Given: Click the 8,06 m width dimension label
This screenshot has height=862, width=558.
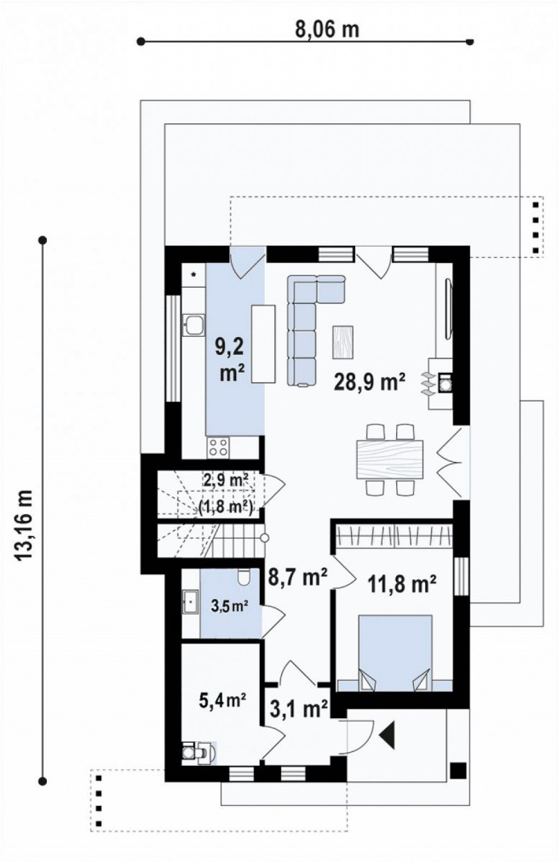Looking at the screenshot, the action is coord(327,29).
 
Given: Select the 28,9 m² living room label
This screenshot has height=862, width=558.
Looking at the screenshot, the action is coord(371,381).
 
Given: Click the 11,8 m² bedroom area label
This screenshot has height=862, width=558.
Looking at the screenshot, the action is coord(402,584).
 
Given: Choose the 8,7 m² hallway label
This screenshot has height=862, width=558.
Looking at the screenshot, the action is coord(297,577).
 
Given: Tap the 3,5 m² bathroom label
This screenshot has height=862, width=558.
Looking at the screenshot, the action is coord(229,607).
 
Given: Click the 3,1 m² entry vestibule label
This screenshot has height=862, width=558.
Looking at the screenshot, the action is coord(299,708).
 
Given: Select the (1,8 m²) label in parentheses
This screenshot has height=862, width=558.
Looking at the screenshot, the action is coord(226,506).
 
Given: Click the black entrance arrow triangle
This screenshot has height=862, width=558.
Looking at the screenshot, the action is coord(388,734).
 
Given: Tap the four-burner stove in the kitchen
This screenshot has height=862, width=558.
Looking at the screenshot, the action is coord(218,448).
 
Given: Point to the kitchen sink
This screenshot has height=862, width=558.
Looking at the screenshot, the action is coord(193,324).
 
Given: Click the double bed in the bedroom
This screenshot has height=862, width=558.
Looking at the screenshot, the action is coord(394,652).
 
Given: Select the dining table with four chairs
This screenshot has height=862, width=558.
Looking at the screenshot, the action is coord(390,459).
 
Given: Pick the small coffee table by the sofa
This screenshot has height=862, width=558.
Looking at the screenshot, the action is coord(342,342).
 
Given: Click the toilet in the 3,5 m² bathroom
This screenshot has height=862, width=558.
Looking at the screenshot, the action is coord(244,576).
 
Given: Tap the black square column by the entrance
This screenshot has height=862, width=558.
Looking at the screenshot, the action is coord(457,770).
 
